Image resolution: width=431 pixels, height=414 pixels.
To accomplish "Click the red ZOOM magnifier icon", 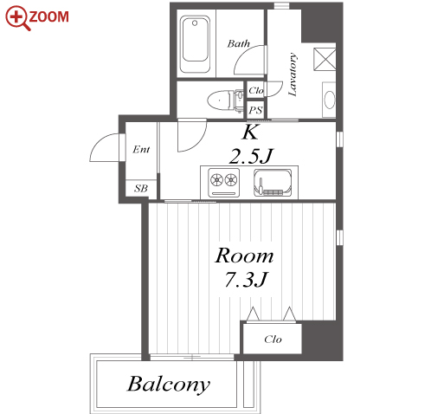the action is click(18, 18).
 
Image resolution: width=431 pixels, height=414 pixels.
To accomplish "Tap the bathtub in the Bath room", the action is click(195, 44).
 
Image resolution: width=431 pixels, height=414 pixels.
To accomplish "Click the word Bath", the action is click(238, 43).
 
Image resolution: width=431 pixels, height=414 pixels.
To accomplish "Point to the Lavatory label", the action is click(293, 74).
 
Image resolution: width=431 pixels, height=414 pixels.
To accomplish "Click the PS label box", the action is click(255, 110).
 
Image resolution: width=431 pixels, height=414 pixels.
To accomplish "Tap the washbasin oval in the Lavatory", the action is click(330, 100).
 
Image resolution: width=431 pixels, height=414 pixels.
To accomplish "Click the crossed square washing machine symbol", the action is click(325, 59).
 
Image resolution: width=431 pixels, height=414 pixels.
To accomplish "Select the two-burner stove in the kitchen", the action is click(223, 183).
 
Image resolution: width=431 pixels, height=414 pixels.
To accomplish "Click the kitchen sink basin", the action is click(273, 183).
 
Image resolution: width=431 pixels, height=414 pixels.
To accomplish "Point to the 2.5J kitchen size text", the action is click(251, 157).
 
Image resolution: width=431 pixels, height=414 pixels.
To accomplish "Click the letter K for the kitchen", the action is click(250, 133).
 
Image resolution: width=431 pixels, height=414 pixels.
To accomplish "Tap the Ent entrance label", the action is click(141, 150).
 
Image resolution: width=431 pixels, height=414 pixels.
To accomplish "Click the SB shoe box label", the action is click(141, 189).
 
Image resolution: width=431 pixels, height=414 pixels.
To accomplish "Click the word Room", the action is click(244, 256).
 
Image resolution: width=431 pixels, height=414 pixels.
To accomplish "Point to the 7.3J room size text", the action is click(246, 280).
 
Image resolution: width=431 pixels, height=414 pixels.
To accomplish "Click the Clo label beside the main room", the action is click(273, 339).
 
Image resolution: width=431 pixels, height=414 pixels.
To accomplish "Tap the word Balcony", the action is click(169, 385).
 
